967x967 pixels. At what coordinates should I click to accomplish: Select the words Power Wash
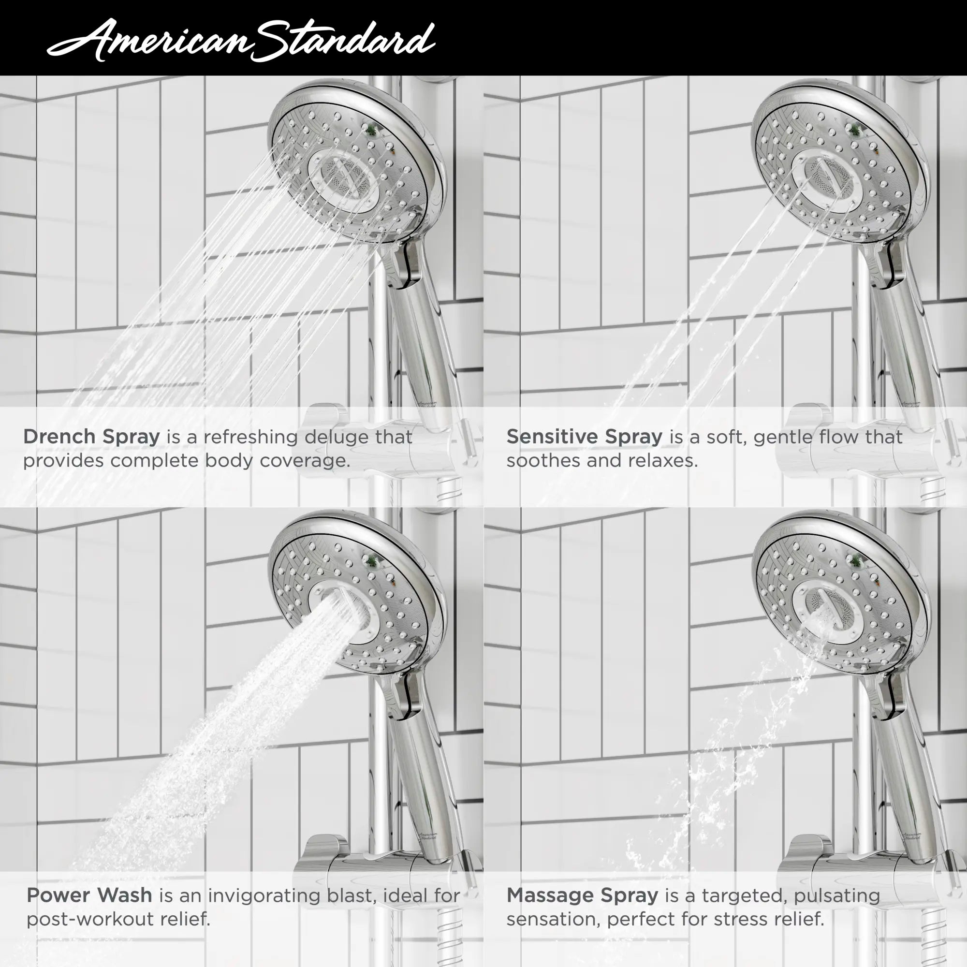pyautogui.click(x=89, y=895)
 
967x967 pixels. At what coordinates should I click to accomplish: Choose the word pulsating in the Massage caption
pyautogui.click(x=836, y=895)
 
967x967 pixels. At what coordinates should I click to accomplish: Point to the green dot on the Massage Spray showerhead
pyautogui.click(x=856, y=560)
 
